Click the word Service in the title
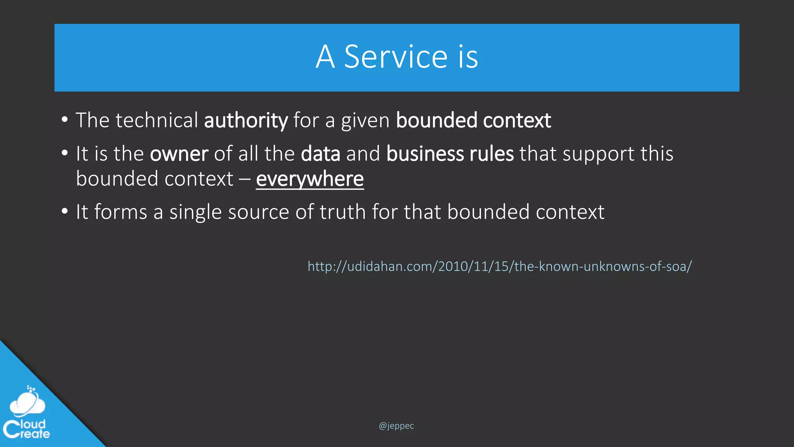396,57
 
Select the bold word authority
246,120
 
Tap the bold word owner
179,154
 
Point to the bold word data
321,154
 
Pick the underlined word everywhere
310,179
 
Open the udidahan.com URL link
499,267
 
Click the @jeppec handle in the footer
396,426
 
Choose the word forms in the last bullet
121,212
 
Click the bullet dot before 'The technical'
65,120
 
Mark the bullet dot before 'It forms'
65,211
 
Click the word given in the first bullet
365,121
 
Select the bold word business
425,154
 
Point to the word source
259,213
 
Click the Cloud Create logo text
26,429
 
